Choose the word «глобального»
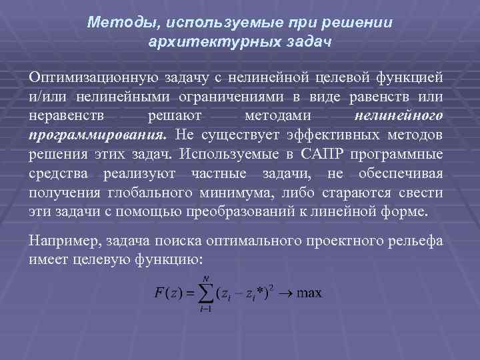click(155, 193)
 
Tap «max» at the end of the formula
click(309, 293)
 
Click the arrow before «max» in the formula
click(285, 293)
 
